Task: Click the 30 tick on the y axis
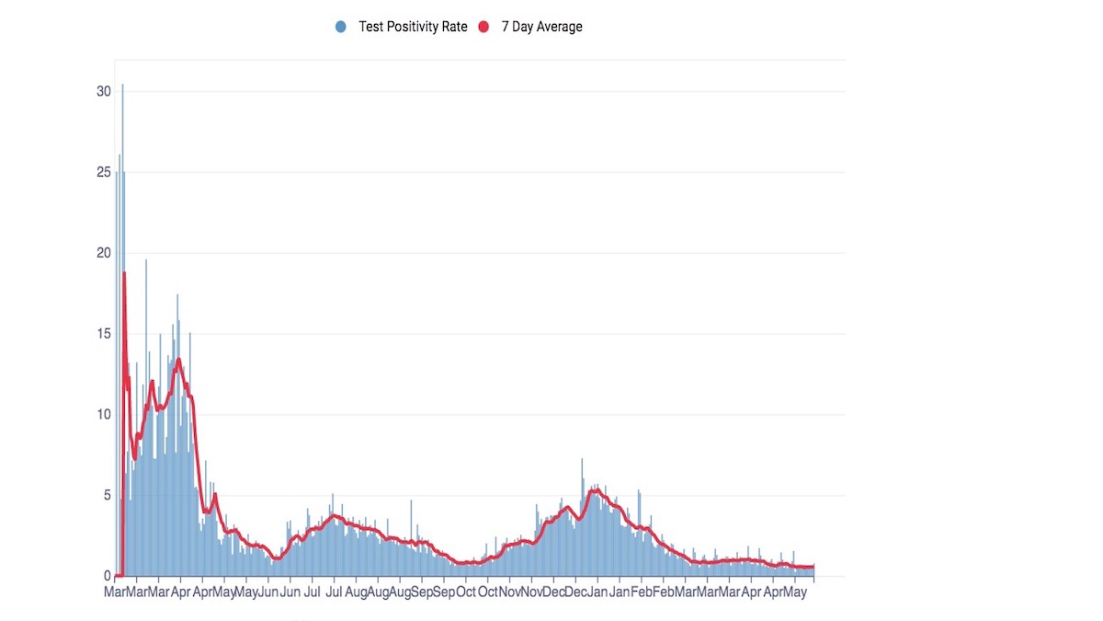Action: (103, 92)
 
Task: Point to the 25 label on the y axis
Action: (103, 173)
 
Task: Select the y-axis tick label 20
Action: (103, 253)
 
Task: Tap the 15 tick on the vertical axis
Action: (103, 334)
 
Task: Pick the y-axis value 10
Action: (103, 415)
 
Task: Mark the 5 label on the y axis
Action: (108, 495)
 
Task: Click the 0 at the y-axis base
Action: (108, 576)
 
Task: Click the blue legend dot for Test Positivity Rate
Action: (340, 27)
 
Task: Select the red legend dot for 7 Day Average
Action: (483, 27)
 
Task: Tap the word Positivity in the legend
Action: (412, 27)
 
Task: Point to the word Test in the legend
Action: (370, 27)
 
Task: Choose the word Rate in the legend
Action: (453, 27)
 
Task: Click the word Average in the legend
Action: (560, 27)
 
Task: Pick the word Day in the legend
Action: (522, 27)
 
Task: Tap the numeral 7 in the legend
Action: (505, 27)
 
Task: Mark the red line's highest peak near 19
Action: (125, 272)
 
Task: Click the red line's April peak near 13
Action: (178, 360)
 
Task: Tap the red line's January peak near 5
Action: (597, 490)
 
